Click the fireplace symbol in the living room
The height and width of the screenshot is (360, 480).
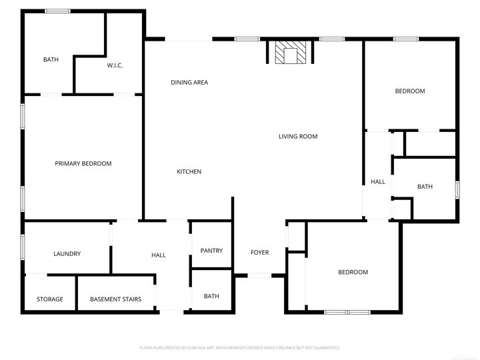pos(289,53)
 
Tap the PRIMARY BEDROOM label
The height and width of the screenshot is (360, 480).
pos(83,163)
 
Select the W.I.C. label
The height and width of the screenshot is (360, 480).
pos(115,65)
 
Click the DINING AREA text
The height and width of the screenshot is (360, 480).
pos(189,83)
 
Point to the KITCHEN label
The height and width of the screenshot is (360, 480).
pos(189,172)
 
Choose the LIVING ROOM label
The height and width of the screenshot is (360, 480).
pos(297,137)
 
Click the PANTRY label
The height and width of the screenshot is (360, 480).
pos(211,251)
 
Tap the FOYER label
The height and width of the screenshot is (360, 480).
pos(259,253)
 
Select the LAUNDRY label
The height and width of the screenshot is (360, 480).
pos(67,254)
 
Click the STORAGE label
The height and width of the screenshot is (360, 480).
pos(50,299)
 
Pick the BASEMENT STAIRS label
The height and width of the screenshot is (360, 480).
pos(115,299)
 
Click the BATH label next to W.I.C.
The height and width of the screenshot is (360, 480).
pos(51,60)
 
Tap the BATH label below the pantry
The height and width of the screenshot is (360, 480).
pos(211,296)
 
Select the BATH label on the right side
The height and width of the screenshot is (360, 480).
pos(425,187)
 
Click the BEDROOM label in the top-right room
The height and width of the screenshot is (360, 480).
pos(409,91)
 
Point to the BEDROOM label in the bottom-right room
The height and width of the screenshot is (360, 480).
pos(353,272)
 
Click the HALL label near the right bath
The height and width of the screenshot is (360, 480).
pos(378,181)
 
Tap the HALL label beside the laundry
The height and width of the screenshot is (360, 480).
pos(159,255)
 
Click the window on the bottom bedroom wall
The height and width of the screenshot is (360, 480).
pos(347,311)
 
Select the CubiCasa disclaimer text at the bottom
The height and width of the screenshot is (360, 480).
pos(240,347)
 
